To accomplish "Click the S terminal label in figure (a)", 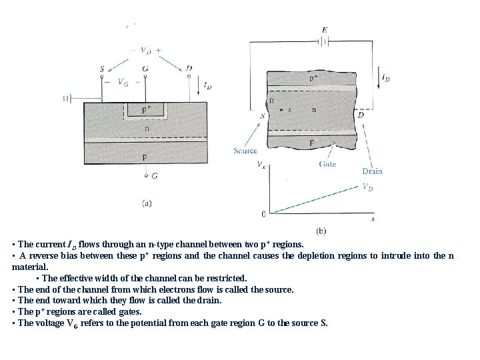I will coord(101,69).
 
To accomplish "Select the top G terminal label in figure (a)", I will coord(145,69).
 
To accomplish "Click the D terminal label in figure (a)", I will coord(189,69).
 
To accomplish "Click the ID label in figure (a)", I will coord(208,86).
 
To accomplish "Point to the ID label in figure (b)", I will coord(385,78).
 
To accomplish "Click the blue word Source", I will coord(245,151).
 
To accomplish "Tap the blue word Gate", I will coord(327,164).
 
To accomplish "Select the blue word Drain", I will coord(372,171).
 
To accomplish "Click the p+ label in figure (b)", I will coord(314,78).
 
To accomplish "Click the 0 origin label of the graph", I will coord(263,214).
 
